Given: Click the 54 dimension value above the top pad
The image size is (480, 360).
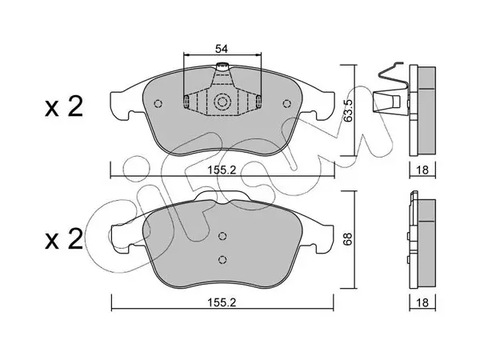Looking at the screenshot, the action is coord(222,49).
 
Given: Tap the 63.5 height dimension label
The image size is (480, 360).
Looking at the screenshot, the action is coord(348,110).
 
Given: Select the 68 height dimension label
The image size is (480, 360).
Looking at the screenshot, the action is coord(348,238).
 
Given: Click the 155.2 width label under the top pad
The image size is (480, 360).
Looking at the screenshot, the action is coord(222,170).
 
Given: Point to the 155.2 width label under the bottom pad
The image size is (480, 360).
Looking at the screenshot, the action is coord(222,302).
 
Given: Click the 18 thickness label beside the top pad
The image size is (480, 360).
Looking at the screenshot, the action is coord(422,170).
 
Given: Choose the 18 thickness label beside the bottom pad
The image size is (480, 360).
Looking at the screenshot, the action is coord(422,302).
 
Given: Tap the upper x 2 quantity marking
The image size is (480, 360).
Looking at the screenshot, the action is coord(64,107).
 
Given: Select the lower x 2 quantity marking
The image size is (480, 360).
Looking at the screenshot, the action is coord(64,238).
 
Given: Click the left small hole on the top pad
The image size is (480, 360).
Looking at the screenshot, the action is coord(158,104).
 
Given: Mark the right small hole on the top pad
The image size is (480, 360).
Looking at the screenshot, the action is coord(286,104).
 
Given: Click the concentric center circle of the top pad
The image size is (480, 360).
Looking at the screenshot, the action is coord(222,102).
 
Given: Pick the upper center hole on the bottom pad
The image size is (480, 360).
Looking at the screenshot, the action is coord(222,236).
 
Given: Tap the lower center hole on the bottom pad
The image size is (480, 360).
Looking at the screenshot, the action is coord(222,259).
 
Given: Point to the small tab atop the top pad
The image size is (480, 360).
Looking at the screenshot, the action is coord(222,66).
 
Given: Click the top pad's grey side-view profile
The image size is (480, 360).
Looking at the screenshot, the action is coord(426,110).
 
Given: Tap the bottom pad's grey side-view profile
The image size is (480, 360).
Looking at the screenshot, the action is coord(426,244).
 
